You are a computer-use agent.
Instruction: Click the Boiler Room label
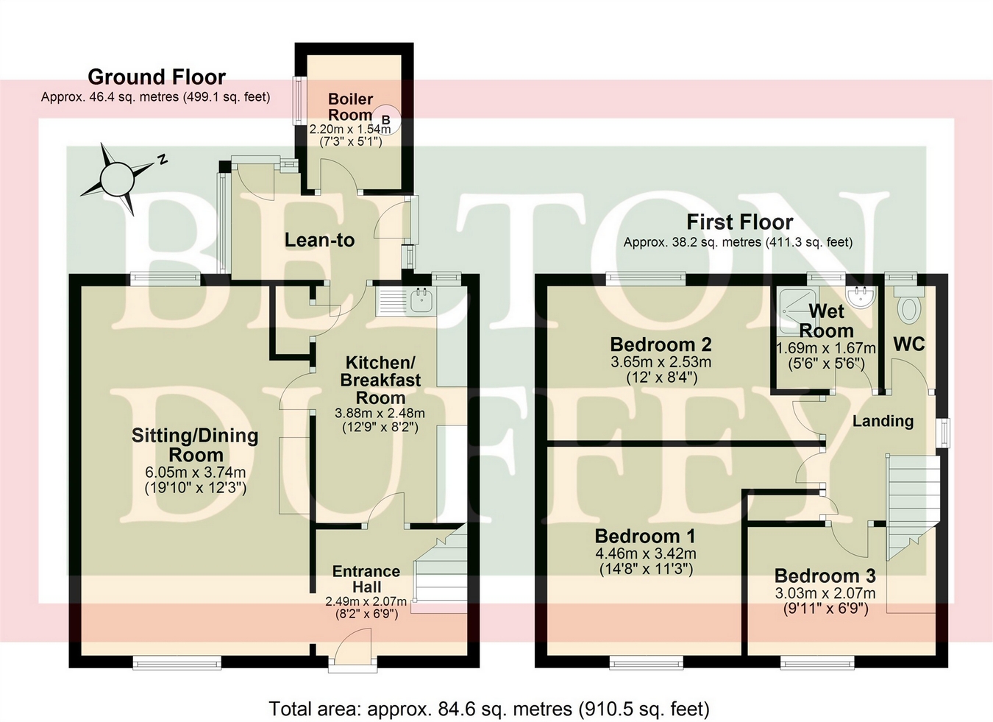[x=350, y=107]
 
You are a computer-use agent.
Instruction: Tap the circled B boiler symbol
[x=386, y=118]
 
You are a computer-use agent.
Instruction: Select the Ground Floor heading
[x=157, y=77]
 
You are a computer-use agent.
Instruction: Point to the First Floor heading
[x=739, y=222]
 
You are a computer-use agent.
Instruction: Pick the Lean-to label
[x=320, y=241]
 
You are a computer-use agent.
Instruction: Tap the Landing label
[x=883, y=421]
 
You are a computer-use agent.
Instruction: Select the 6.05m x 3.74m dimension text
[x=195, y=473]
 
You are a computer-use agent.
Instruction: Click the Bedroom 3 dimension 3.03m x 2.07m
[x=825, y=593]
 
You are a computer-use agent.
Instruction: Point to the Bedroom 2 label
[x=661, y=344]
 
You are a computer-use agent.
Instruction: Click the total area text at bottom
[x=489, y=709]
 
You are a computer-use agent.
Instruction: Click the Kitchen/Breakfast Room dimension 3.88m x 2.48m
[x=380, y=414]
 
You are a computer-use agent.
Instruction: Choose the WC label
[x=909, y=344]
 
